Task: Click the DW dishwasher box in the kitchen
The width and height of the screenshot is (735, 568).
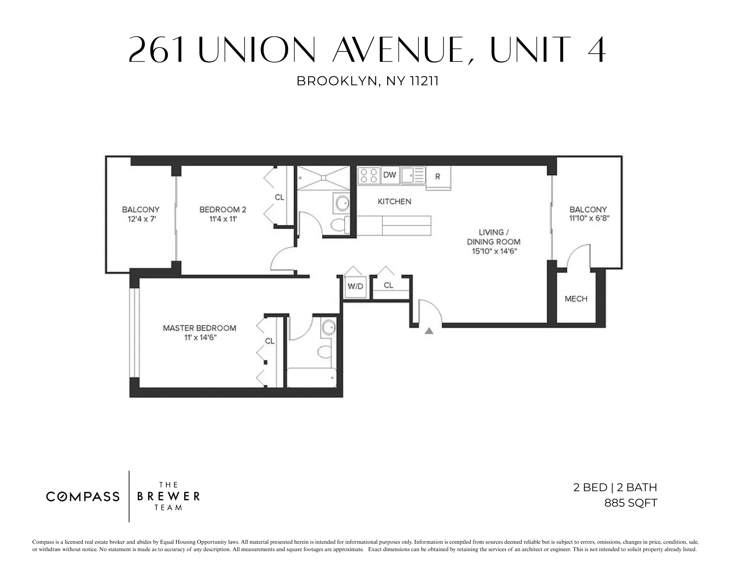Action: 389,175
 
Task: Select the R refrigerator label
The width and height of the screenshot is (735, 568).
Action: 438,177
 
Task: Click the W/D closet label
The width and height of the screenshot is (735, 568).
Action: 355,286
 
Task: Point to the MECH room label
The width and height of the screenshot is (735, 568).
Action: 576,299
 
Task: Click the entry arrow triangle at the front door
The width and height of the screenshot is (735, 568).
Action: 429,331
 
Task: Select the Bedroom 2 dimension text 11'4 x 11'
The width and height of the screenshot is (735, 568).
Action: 222,219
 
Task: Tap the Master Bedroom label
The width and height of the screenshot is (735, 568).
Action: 199,328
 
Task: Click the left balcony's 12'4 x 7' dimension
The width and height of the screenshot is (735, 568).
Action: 140,219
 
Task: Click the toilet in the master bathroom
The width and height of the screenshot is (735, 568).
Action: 324,352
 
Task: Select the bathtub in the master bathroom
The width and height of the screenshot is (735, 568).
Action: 311,378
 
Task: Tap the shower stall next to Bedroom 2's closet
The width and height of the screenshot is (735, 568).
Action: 323,178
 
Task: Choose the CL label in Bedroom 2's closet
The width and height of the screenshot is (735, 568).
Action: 279,197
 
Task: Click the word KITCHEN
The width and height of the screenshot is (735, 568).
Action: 395,201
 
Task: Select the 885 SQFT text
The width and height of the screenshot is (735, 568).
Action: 631,503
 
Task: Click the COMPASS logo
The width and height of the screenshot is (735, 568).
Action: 83,497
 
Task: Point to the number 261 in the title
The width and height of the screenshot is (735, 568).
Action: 157,50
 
